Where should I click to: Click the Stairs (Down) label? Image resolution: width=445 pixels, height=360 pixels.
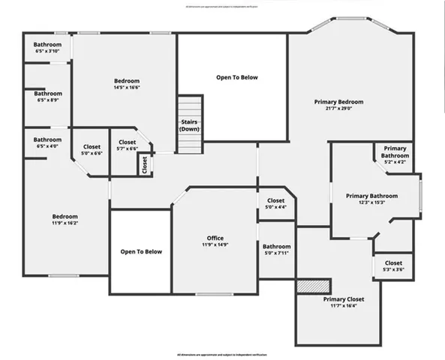pos(190,125)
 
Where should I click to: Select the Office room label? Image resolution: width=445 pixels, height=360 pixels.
pos(215,238)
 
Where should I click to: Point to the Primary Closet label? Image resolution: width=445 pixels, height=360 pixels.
pos(344,299)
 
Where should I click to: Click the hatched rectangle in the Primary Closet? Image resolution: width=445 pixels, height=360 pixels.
pos(314,286)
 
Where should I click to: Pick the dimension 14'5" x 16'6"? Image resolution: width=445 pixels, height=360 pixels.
pos(127,88)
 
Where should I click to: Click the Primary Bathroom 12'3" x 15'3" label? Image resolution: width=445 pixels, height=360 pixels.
pos(371,196)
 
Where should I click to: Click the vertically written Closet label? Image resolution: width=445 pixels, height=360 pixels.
pos(144,165)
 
